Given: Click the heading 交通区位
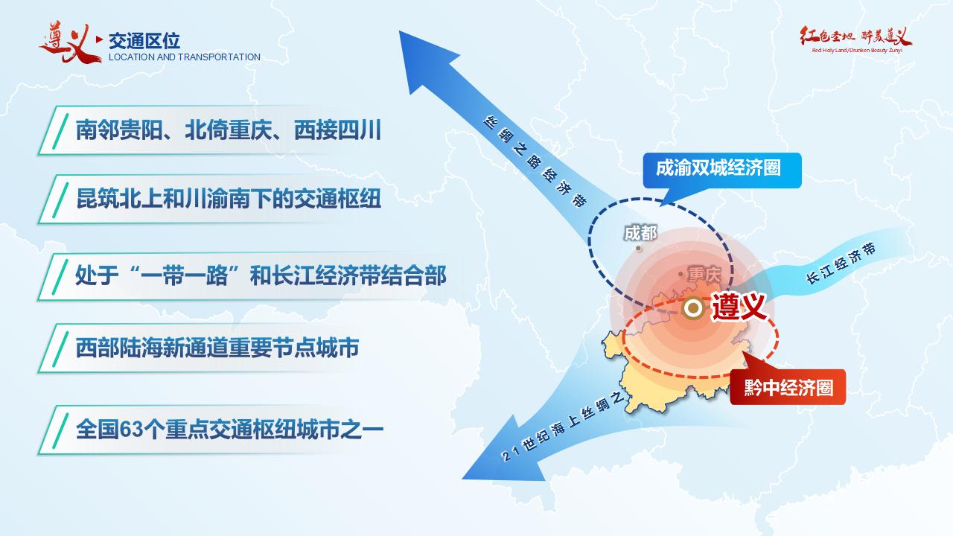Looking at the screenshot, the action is coord(144,41).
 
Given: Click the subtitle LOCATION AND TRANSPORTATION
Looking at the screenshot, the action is coord(185,57).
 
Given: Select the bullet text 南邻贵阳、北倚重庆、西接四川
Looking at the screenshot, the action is coord(228,130).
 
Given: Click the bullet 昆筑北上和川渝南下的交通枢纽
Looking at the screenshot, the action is coord(229,199).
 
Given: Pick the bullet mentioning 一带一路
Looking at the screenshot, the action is coord(261,275).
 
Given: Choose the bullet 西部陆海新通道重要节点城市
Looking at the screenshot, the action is coord(217,348).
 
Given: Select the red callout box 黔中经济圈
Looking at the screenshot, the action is coord(788,387).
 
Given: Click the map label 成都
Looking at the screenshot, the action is coord(640,233).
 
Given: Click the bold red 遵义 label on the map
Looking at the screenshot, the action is coord(740,307).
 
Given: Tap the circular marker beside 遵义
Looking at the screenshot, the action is coord(693,307).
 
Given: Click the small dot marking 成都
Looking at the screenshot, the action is coord(639,248).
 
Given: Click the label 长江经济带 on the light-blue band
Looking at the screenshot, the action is coord(841,264).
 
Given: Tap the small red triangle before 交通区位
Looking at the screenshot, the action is coord(100,39).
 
